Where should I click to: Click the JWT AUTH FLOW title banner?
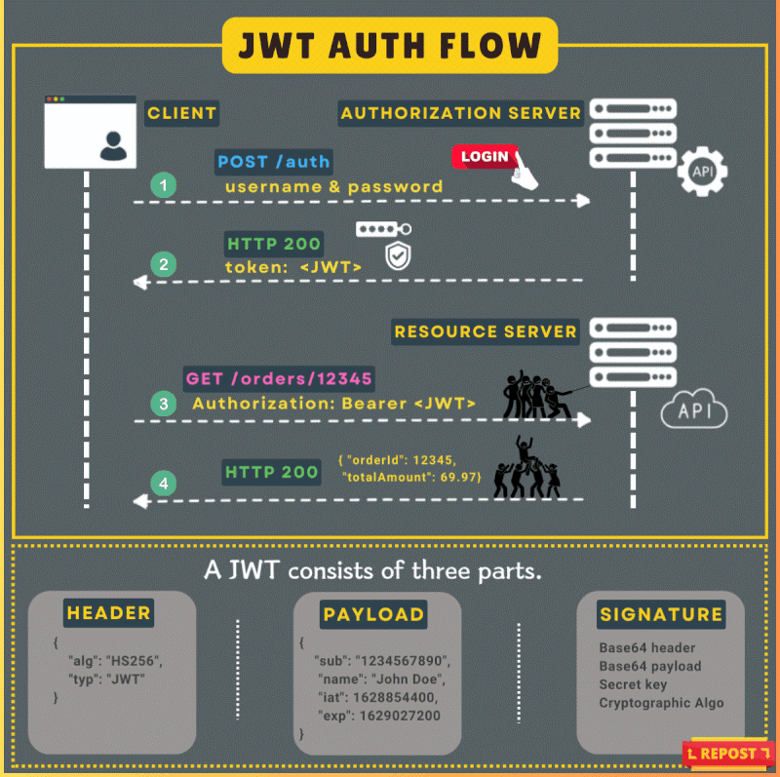pos(390,45)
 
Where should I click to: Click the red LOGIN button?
pos(484,156)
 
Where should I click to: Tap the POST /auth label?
pos(273,162)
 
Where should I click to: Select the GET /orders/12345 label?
pos(278,377)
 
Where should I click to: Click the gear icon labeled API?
pos(702,174)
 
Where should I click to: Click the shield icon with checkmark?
pos(397,256)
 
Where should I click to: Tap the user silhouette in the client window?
pos(113,146)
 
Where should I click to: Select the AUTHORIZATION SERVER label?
pos(460,113)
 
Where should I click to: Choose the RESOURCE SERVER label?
pos(486,331)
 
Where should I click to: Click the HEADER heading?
pos(108,613)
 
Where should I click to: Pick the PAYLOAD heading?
pos(373,614)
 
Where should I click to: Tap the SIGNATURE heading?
pos(661,614)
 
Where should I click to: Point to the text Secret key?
pos(633,684)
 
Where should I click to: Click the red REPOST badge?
pos(721,754)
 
